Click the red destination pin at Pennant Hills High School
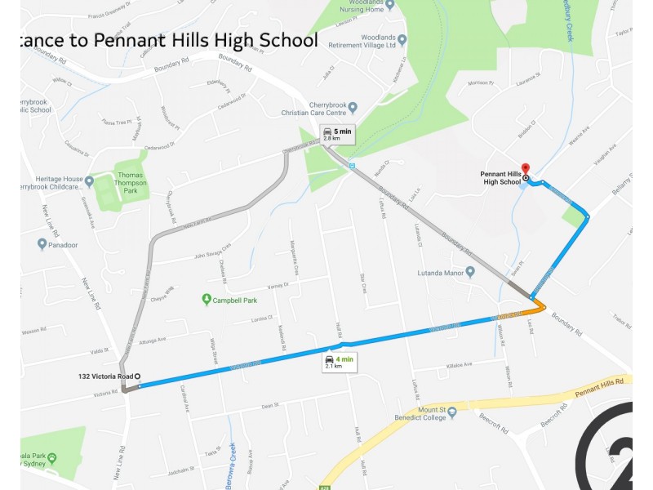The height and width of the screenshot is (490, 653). click(525, 167)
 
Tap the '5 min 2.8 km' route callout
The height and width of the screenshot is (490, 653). click(337, 134)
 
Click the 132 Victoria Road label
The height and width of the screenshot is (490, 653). click(105, 376)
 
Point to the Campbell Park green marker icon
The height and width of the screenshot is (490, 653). click(207, 300)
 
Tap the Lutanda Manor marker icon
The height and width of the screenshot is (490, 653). click(470, 272)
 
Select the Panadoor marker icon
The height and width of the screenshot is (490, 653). click(42, 243)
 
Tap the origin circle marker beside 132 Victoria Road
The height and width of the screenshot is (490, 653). click(137, 376)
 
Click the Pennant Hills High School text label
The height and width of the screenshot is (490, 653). click(500, 178)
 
